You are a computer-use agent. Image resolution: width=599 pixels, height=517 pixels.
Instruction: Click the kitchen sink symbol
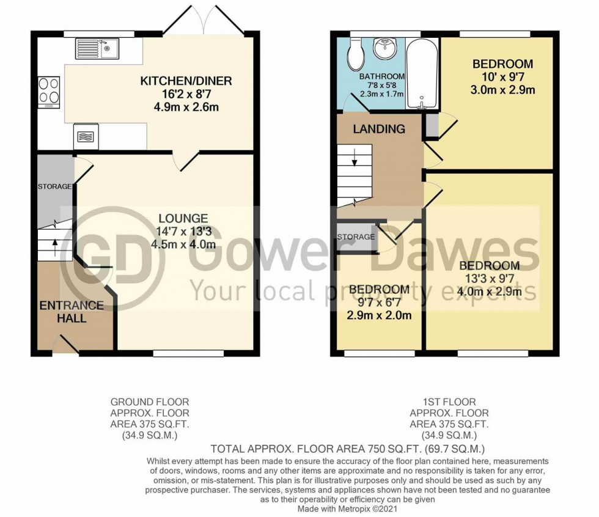97,48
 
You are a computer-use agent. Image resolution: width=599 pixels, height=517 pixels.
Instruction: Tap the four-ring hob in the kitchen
49,92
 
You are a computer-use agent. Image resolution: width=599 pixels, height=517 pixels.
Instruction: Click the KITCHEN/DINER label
186,81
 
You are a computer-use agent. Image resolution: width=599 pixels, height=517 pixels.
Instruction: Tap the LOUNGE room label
183,218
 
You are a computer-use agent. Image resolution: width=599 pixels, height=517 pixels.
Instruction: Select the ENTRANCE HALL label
64,312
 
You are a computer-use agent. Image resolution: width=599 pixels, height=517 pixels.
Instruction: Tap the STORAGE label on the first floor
356,237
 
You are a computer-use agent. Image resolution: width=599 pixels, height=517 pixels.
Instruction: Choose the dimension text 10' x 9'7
502,78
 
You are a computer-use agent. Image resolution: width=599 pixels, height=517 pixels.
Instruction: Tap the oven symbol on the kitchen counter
85,136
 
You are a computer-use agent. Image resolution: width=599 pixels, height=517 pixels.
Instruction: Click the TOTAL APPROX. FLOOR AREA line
356,449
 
